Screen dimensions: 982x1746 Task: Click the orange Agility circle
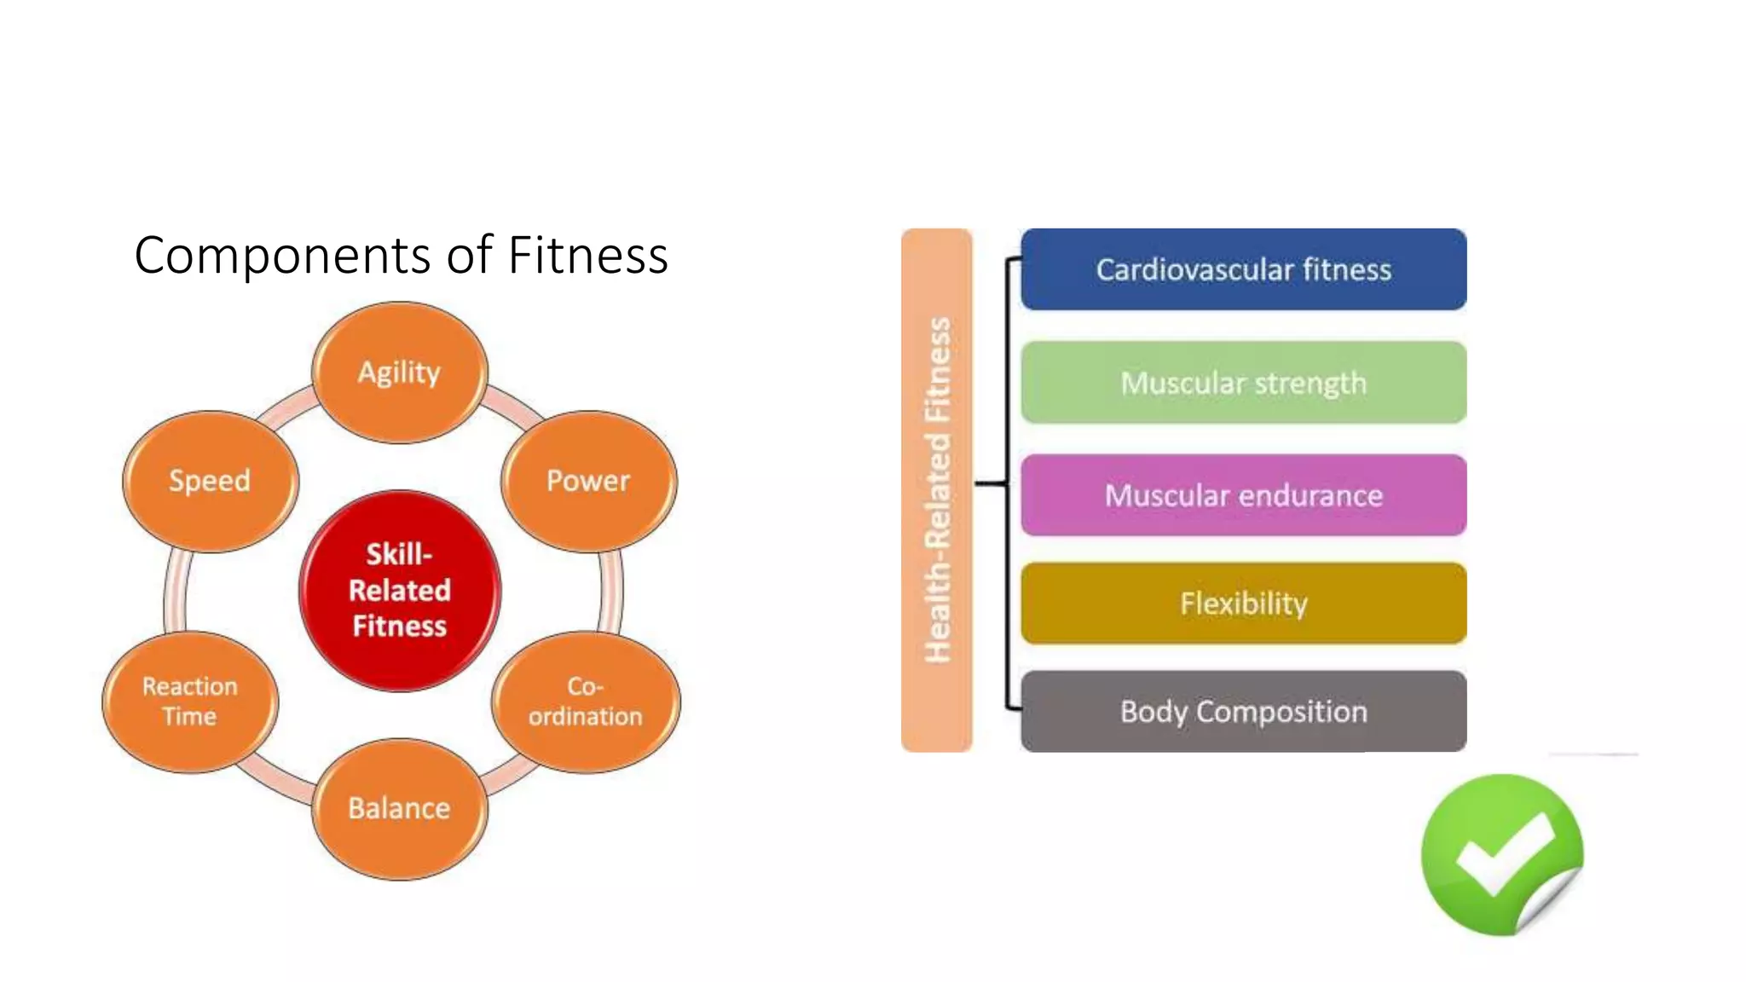(400, 373)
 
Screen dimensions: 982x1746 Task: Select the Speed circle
(211, 482)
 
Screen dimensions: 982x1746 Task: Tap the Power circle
(588, 482)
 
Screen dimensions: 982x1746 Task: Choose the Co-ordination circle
(586, 702)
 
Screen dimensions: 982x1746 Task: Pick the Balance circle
(400, 808)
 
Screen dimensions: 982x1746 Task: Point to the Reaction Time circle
(190, 702)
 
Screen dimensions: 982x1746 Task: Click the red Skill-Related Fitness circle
(400, 590)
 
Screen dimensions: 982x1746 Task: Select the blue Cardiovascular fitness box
(1243, 269)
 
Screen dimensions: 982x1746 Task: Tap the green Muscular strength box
(1243, 383)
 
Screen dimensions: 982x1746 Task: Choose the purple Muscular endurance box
(1243, 495)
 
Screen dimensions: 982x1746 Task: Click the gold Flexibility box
(1243, 604)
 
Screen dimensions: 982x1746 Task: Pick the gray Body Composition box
(1243, 712)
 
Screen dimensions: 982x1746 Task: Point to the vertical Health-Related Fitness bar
(936, 490)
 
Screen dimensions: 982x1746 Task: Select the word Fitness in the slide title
(587, 255)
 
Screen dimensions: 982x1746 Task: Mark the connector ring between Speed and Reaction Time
(176, 592)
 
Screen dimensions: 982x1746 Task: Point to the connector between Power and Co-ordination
(611, 592)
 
